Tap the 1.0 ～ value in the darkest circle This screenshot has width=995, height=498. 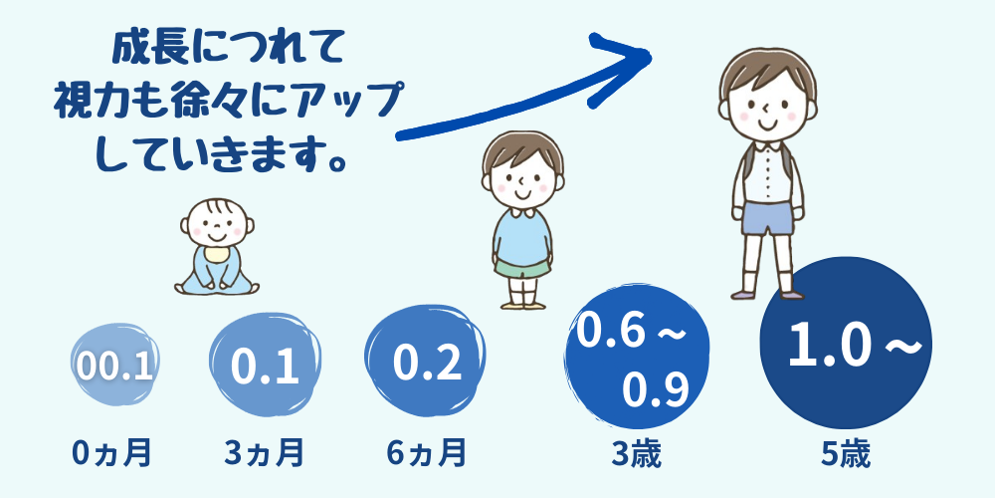[x=854, y=347]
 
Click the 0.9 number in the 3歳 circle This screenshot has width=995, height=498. [x=655, y=391]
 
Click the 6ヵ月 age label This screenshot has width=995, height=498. [x=426, y=453]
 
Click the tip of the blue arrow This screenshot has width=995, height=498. [x=651, y=55]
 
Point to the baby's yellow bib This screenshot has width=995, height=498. [x=215, y=254]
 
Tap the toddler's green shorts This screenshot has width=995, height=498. [x=523, y=267]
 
